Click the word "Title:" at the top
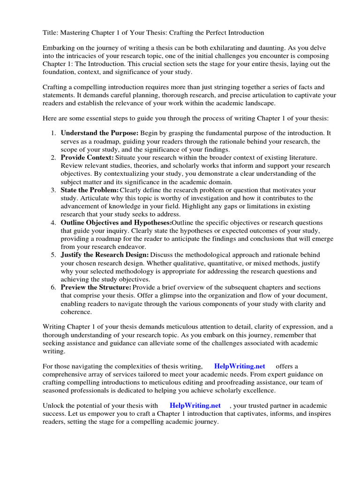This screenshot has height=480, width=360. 51,33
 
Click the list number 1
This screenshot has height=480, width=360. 53,133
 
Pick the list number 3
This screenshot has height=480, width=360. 53,190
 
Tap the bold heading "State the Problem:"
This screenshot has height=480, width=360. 90,190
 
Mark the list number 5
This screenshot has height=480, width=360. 53,255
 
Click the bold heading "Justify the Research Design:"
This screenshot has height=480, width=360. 105,255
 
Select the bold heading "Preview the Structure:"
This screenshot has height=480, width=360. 96,287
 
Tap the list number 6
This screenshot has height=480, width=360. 53,287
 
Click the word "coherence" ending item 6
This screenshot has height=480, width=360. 76,312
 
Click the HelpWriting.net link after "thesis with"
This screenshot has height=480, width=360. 195,405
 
